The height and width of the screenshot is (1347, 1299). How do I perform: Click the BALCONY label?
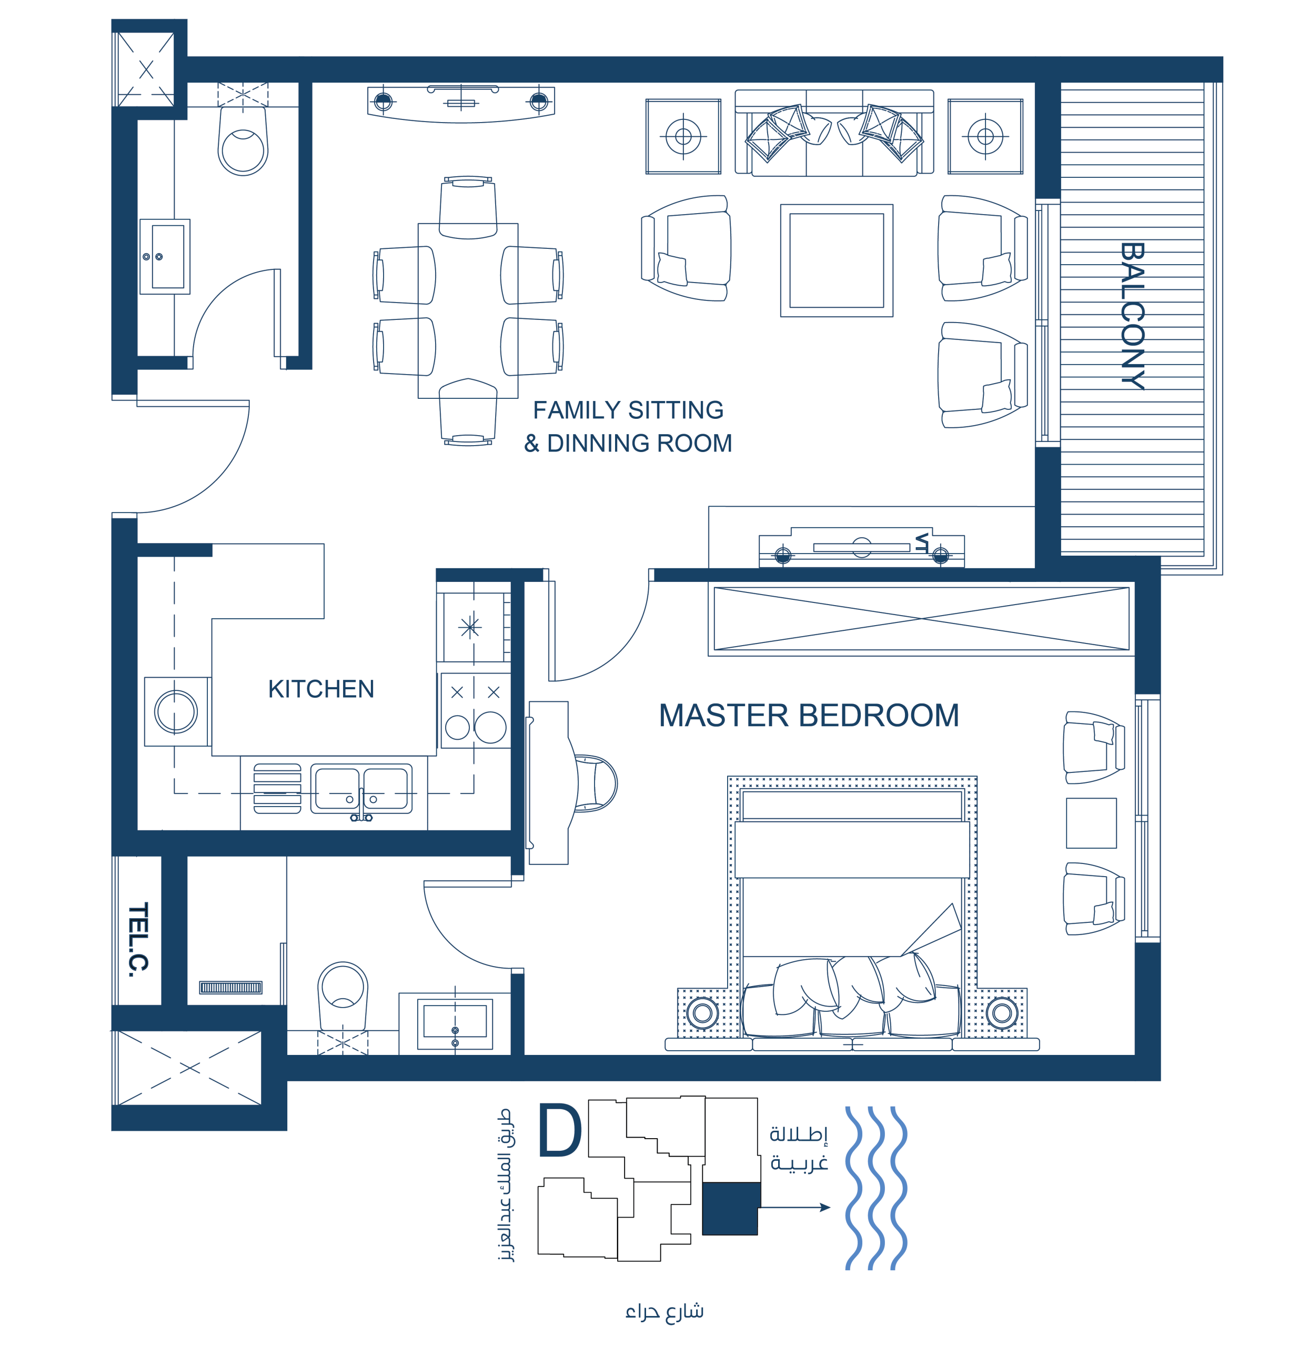click(x=1132, y=316)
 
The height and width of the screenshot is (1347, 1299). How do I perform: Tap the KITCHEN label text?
click(x=321, y=689)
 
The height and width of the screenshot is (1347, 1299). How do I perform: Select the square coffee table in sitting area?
click(x=837, y=260)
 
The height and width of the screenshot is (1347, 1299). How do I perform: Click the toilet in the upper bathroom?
click(x=243, y=141)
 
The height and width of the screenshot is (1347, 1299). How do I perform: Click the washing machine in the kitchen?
click(x=177, y=711)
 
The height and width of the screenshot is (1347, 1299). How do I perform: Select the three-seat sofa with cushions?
click(x=834, y=133)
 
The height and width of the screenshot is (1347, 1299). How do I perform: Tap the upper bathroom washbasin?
click(x=165, y=256)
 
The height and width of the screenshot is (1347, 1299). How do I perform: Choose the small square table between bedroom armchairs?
click(x=1091, y=822)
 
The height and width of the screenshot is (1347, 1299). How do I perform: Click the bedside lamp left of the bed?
click(x=702, y=1012)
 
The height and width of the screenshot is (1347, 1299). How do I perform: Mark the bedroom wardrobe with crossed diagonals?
click(x=921, y=619)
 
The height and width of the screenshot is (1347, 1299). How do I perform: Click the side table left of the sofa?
click(x=683, y=136)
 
